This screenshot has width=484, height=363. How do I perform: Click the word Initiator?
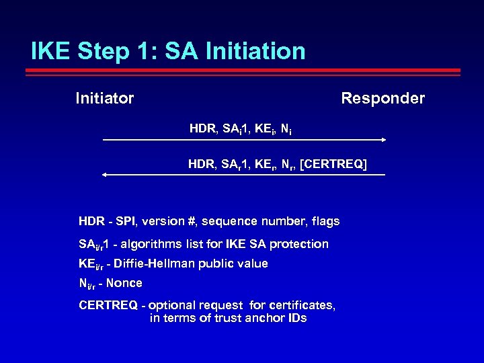click(104, 99)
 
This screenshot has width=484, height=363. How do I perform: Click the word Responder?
click(382, 99)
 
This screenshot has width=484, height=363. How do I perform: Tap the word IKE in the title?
click(51, 51)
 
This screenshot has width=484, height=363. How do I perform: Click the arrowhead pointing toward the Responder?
click(383, 140)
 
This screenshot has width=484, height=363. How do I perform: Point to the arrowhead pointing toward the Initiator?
click(104, 175)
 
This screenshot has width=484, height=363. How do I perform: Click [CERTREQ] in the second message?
click(333, 163)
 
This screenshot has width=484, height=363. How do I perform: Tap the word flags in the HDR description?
click(325, 221)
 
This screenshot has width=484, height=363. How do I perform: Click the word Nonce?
click(126, 283)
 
